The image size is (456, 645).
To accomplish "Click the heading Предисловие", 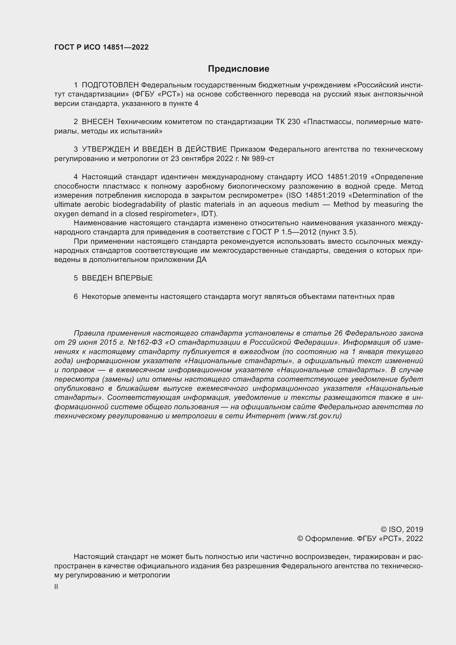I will point(238,69).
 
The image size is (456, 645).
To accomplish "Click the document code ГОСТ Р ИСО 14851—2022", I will point(101,47).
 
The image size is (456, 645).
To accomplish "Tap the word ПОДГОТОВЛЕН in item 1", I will point(110,85).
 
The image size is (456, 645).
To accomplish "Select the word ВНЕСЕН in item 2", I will point(97,122).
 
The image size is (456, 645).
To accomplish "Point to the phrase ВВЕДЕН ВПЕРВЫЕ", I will point(117,278).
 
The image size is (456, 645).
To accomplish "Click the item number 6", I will point(76,296).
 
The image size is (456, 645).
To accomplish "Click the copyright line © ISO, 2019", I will point(402,529).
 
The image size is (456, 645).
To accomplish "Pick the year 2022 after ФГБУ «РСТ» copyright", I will point(414,539).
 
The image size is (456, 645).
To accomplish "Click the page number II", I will point(56,587).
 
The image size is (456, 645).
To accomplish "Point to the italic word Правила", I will point(89,333).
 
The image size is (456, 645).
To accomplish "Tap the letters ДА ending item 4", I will point(201,259).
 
